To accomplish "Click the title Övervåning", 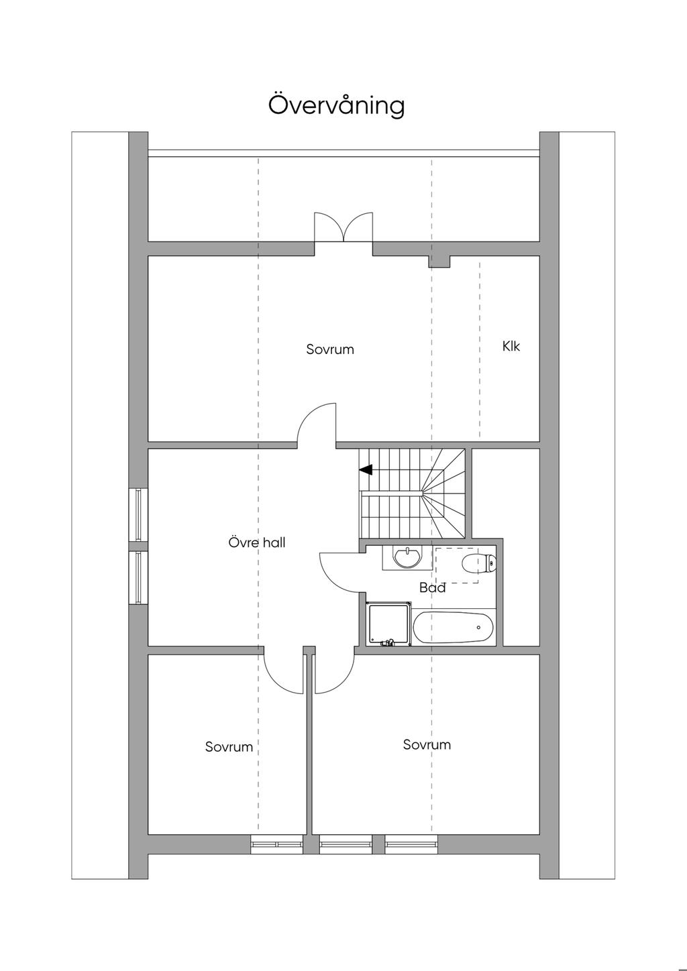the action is [336, 105].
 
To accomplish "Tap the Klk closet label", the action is [511, 346].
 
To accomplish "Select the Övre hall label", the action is [257, 542].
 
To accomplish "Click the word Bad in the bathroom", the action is [433, 588].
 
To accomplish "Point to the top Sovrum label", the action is [330, 349].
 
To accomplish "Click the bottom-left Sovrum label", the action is [229, 747].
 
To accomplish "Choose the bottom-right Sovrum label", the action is [427, 745].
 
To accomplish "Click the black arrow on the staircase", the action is [366, 469].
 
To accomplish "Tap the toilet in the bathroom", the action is [479, 563].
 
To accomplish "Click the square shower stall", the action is [388, 624].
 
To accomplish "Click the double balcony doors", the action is [343, 227].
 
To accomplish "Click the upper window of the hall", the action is [138, 514].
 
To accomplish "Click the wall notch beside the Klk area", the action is [439, 262].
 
